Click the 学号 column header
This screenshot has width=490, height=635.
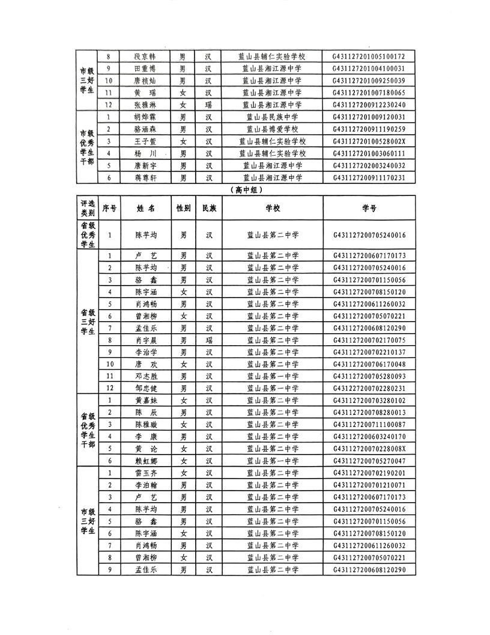[369, 208]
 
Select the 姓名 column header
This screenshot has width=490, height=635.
[145, 208]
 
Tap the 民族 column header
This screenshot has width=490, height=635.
[209, 208]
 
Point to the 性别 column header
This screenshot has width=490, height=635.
[183, 208]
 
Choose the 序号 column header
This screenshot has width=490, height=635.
[110, 208]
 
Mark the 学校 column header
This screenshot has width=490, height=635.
[273, 208]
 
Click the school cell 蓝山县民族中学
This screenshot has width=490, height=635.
[273, 117]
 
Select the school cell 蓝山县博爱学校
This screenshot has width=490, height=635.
[273, 129]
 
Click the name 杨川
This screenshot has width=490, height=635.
[145, 153]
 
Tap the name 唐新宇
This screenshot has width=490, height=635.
[145, 165]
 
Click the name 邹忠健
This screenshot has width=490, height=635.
[145, 388]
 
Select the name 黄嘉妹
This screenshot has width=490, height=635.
[145, 400]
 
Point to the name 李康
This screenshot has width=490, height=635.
[145, 436]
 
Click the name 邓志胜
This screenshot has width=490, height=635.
[145, 376]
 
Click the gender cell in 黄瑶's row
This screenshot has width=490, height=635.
[183, 93]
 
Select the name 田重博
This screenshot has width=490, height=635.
[145, 69]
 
